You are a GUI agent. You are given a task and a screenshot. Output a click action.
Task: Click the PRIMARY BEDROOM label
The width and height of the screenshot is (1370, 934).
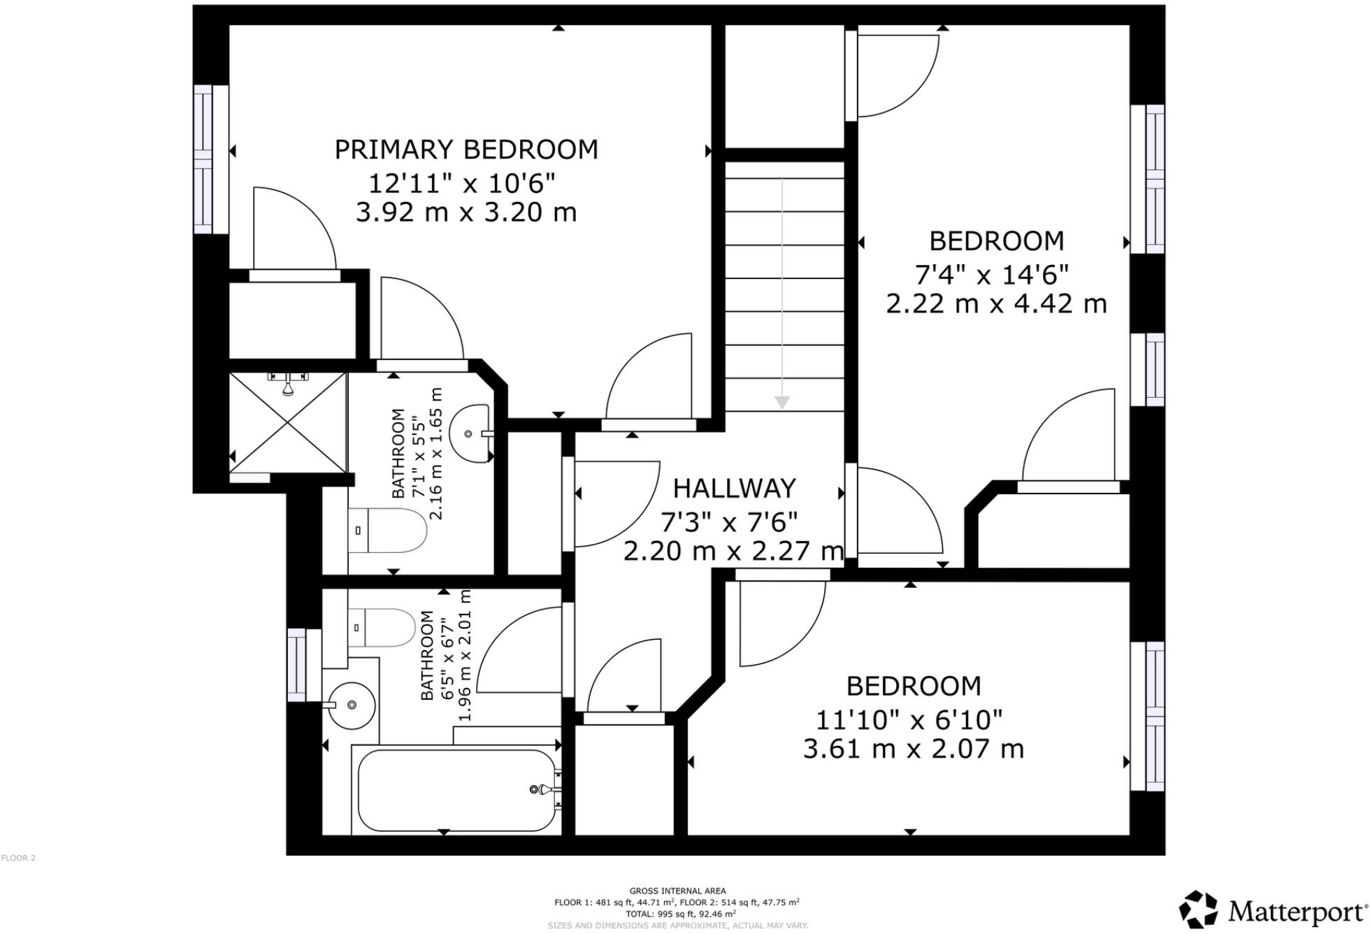tap(466, 150)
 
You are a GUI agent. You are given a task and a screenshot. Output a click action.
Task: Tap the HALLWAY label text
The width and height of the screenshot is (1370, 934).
tap(734, 488)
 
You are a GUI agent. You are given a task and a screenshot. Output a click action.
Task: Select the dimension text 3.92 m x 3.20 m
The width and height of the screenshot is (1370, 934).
tap(466, 212)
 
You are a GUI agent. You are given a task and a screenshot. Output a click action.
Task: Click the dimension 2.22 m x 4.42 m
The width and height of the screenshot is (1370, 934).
tap(996, 304)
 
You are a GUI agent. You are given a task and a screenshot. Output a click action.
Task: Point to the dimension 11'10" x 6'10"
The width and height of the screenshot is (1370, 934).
tap(909, 719)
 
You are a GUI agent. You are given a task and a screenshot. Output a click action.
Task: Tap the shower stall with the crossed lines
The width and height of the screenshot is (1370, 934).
tap(288, 422)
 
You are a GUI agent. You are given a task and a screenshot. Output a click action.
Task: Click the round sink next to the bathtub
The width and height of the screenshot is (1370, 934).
tap(352, 705)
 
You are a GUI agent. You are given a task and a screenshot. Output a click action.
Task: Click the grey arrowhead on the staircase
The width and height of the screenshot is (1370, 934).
tap(782, 403)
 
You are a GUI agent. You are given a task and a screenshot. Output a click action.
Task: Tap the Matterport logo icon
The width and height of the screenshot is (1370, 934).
tap(1198, 910)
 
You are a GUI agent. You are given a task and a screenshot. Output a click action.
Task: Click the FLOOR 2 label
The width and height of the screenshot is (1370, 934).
tap(18, 858)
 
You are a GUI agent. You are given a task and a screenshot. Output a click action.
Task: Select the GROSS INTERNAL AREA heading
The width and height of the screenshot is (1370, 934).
tap(677, 891)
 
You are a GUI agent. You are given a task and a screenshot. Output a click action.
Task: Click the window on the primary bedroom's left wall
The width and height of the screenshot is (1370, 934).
tap(202, 159)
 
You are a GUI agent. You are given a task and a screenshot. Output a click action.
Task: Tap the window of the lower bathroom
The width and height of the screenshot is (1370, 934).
tap(296, 664)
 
